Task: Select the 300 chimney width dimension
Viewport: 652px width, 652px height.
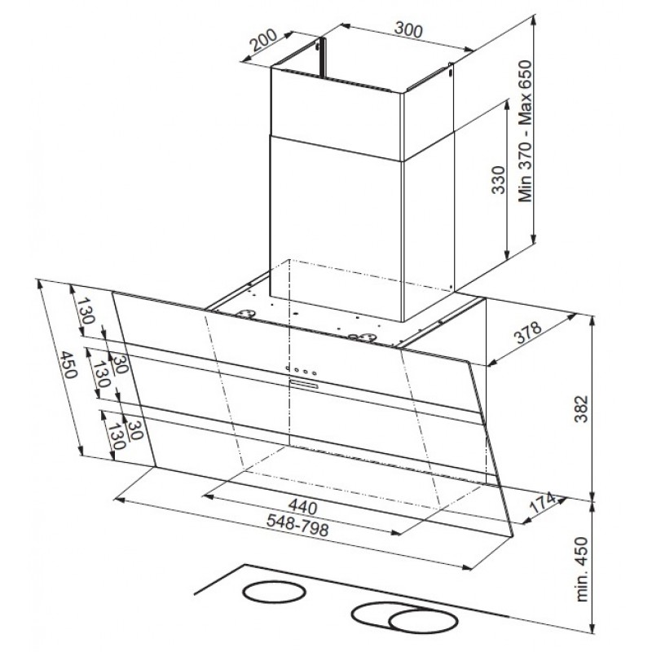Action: click(x=408, y=29)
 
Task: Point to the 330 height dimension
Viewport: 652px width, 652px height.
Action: click(x=498, y=179)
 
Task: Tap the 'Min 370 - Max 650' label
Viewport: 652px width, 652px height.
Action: click(x=526, y=131)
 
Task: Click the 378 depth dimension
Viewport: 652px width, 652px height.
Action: click(x=529, y=332)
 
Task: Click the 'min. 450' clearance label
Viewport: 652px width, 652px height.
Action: click(x=583, y=569)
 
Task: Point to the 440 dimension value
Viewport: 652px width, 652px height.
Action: click(x=302, y=506)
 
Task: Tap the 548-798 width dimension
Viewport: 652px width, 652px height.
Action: click(x=297, y=526)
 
